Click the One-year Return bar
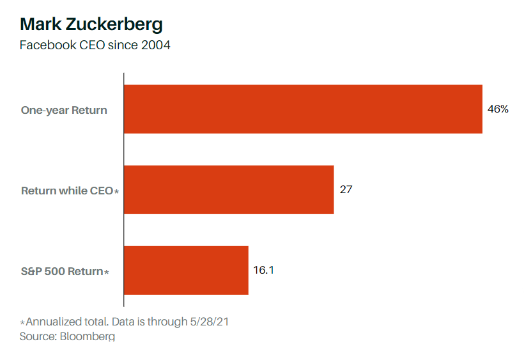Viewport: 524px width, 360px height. (303, 109)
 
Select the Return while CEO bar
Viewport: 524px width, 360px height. (229, 190)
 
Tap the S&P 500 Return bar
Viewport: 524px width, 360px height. (186, 270)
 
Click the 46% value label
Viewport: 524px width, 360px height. (498, 109)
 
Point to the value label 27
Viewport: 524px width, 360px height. (346, 190)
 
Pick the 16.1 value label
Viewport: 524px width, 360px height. (263, 270)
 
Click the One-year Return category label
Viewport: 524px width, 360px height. (64, 110)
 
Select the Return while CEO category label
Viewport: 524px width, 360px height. (67, 191)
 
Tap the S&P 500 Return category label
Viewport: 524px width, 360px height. (61, 271)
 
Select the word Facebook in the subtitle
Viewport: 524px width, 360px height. (45, 45)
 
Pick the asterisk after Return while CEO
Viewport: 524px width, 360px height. (116, 191)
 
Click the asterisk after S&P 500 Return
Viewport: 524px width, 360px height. (106, 272)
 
